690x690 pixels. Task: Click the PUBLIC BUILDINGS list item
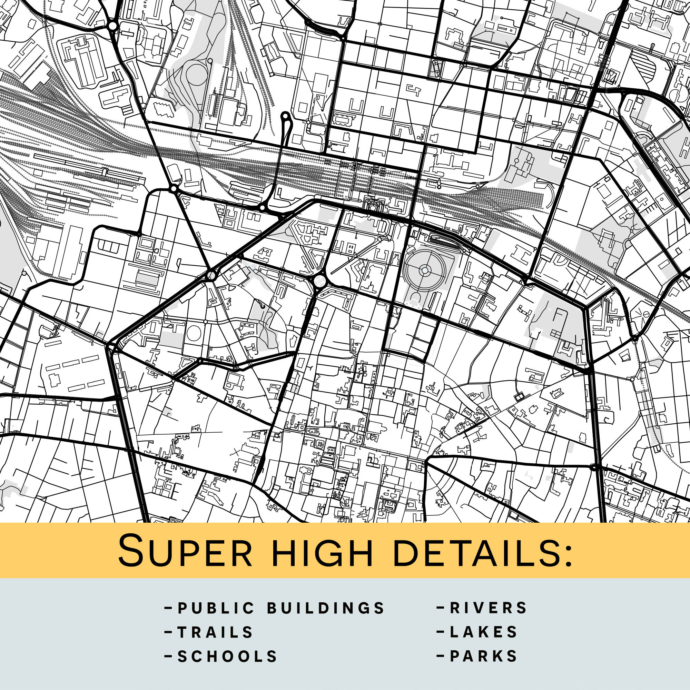pyautogui.click(x=275, y=608)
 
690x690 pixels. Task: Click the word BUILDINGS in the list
pyautogui.click(x=326, y=608)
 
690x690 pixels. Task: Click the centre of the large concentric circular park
pyautogui.click(x=425, y=271)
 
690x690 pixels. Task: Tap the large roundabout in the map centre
pyautogui.click(x=319, y=281)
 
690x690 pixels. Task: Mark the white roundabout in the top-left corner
pyautogui.click(x=113, y=26)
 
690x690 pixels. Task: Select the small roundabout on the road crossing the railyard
pyautogui.click(x=174, y=188)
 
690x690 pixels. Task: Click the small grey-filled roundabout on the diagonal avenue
pyautogui.click(x=211, y=276)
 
